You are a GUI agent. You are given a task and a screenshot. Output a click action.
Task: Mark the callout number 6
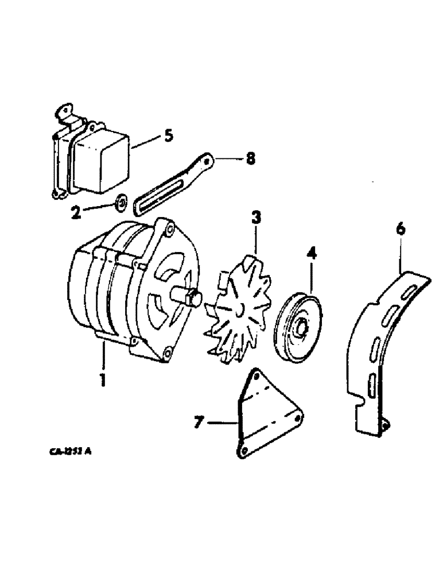[401, 230]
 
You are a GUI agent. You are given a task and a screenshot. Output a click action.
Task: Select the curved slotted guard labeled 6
[379, 344]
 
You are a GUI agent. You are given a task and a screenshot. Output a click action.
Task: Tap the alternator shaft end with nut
[192, 297]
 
